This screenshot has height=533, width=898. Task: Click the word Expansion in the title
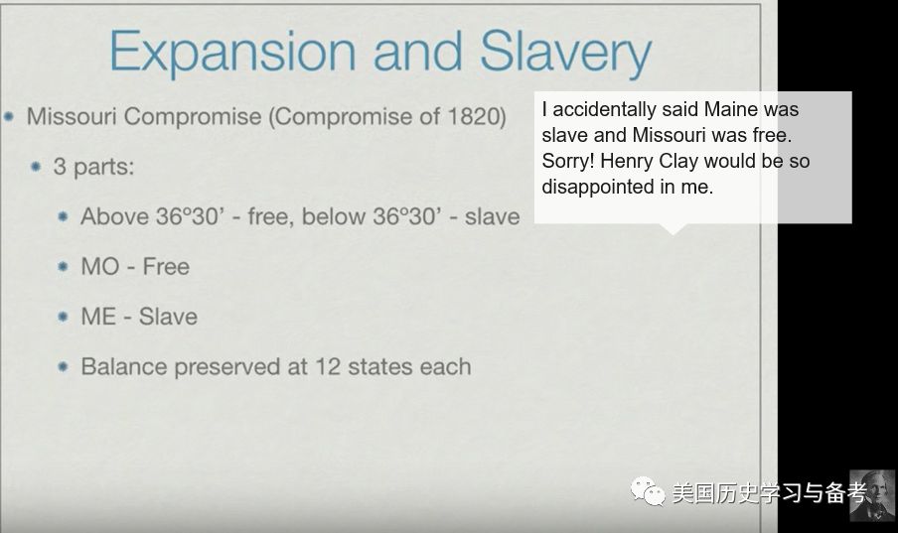coord(232,52)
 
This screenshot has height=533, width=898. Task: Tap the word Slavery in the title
coord(566,52)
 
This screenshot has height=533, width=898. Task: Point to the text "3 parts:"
coord(94,167)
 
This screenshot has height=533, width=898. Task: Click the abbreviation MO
coord(99,266)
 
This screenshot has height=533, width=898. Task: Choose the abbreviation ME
coord(98,317)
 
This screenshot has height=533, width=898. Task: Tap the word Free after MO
coord(166,266)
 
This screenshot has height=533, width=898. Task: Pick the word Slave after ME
coord(169,317)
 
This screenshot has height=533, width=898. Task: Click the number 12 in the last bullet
coord(328,366)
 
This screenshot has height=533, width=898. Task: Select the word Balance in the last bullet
coord(125,366)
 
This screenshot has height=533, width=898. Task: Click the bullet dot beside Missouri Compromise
coord(9,117)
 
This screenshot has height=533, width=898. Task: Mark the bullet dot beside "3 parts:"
coord(36,167)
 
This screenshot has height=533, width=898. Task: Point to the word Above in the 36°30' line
coord(114,216)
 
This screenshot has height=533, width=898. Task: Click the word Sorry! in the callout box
coord(568,161)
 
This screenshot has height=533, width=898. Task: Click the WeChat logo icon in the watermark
coord(648,491)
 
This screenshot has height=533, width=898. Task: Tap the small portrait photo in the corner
coord(871,496)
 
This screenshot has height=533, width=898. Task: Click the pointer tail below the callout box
coord(673,228)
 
